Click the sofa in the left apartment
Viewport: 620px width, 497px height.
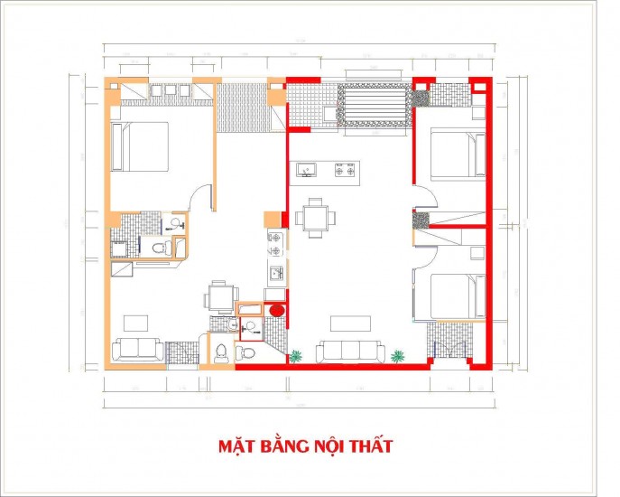point(138,349)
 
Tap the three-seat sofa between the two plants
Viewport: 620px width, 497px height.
point(349,352)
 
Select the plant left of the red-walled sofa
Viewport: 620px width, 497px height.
point(295,355)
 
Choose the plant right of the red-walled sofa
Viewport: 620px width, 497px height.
point(399,355)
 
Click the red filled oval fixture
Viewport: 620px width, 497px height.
point(276,310)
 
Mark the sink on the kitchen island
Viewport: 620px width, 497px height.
point(307,168)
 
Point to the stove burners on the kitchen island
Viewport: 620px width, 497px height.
point(344,168)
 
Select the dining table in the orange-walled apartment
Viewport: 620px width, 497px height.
point(218,296)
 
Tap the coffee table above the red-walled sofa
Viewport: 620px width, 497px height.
point(350,323)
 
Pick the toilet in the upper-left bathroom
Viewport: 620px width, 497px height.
point(159,247)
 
